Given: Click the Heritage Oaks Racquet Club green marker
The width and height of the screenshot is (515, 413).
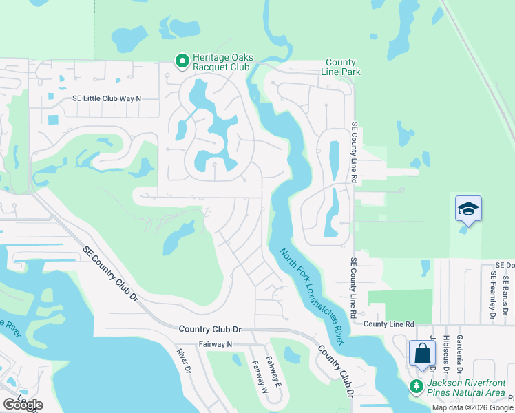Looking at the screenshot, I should click(x=182, y=62).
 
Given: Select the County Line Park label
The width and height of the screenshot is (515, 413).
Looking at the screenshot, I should click(x=341, y=67).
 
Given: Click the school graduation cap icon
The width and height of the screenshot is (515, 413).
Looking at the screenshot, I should click(x=468, y=208).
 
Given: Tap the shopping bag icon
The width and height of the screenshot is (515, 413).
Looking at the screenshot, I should click(x=422, y=353).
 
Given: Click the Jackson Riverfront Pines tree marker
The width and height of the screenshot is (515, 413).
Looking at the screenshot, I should click(x=416, y=386).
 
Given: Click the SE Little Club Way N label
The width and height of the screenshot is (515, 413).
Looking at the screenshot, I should click(x=107, y=98).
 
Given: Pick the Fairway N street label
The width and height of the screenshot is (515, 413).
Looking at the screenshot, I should click(x=216, y=343).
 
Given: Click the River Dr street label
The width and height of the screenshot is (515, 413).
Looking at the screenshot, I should click(x=183, y=361).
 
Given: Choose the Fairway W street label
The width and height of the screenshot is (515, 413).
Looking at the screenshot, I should click(x=259, y=377).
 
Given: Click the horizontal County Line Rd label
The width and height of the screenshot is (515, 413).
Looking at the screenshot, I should click(x=389, y=324).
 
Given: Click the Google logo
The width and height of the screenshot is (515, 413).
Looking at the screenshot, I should click(x=23, y=405).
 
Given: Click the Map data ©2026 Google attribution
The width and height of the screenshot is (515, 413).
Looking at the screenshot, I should click(x=473, y=407).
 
